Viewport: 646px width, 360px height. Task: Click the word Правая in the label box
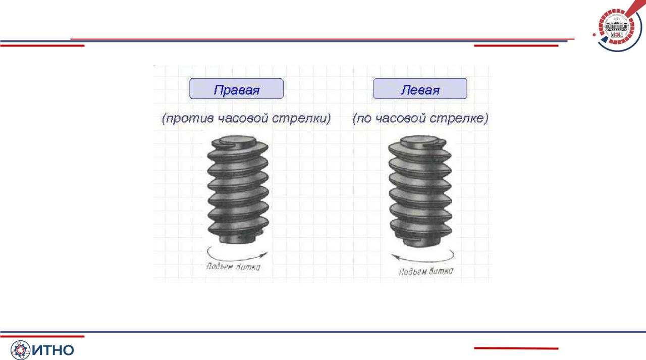tap(237, 90)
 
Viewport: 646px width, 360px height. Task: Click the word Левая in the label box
tap(420, 90)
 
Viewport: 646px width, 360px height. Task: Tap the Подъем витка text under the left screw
tap(233, 267)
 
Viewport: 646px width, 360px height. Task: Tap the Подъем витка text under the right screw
tap(426, 271)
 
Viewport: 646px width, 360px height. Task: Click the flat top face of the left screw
tap(238, 141)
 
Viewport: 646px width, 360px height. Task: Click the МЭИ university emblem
tap(617, 27)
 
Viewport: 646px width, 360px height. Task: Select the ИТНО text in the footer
tap(53, 350)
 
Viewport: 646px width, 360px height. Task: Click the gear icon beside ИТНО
tap(20, 350)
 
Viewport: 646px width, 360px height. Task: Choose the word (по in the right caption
tap(363, 119)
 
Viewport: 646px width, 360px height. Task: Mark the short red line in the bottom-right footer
tap(516, 348)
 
